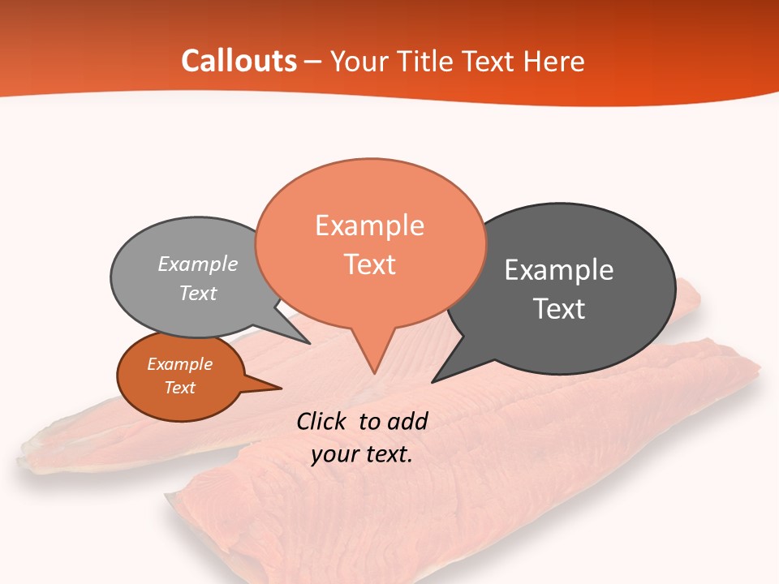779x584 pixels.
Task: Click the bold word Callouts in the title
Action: click(239, 61)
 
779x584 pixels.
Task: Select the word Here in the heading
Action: click(555, 61)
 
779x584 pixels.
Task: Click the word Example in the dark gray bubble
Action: click(559, 269)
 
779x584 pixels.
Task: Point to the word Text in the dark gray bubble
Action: click(559, 308)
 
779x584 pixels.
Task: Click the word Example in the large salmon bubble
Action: click(369, 225)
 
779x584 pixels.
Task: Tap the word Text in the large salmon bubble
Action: click(369, 264)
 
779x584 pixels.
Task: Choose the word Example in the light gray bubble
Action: click(198, 264)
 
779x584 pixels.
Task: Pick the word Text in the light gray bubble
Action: click(198, 293)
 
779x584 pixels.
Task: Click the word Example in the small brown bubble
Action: click(179, 364)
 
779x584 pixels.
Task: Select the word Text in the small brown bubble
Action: click(179, 388)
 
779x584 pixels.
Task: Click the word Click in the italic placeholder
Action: click(323, 421)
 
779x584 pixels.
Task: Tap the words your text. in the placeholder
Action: click(362, 454)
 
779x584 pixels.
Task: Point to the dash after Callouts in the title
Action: click(313, 62)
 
